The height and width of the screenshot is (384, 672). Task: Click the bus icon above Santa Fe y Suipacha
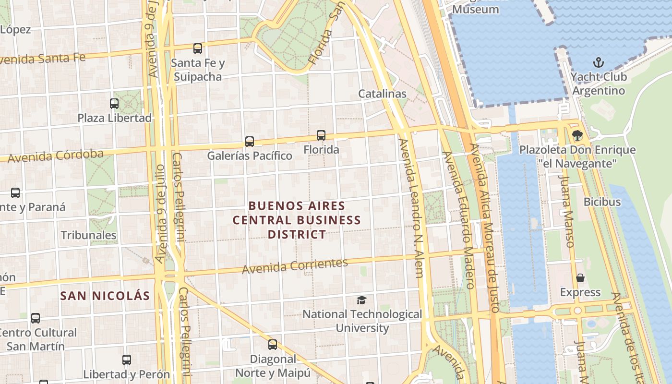tap(197, 48)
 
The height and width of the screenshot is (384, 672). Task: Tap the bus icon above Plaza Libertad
tap(114, 103)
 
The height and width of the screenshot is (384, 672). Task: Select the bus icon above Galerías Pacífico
tap(249, 141)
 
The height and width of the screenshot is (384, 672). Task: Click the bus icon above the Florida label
tap(321, 135)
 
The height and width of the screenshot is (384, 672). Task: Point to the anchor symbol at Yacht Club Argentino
tap(598, 62)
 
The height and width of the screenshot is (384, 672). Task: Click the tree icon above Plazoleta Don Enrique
tap(577, 135)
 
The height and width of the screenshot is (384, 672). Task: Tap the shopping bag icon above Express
tap(580, 278)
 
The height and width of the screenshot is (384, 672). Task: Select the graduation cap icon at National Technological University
tap(361, 300)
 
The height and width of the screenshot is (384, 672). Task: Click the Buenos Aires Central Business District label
tap(297, 220)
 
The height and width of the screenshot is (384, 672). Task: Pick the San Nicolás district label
tap(105, 296)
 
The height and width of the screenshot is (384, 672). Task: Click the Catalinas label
tap(382, 94)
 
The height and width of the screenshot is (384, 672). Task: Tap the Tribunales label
tap(88, 235)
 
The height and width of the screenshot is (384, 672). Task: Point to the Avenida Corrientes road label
tap(295, 266)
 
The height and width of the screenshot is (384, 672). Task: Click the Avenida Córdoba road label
tap(55, 156)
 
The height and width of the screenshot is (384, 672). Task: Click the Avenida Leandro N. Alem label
tap(412, 208)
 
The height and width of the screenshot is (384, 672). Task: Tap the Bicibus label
tap(602, 202)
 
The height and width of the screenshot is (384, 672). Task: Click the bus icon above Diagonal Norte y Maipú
tap(273, 344)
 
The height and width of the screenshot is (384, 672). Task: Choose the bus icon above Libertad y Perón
tap(127, 360)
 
